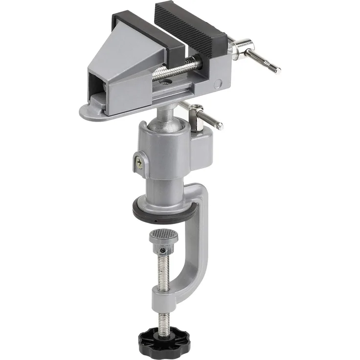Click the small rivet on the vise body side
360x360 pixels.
(218, 84)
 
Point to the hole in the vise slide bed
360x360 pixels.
(165, 85)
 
